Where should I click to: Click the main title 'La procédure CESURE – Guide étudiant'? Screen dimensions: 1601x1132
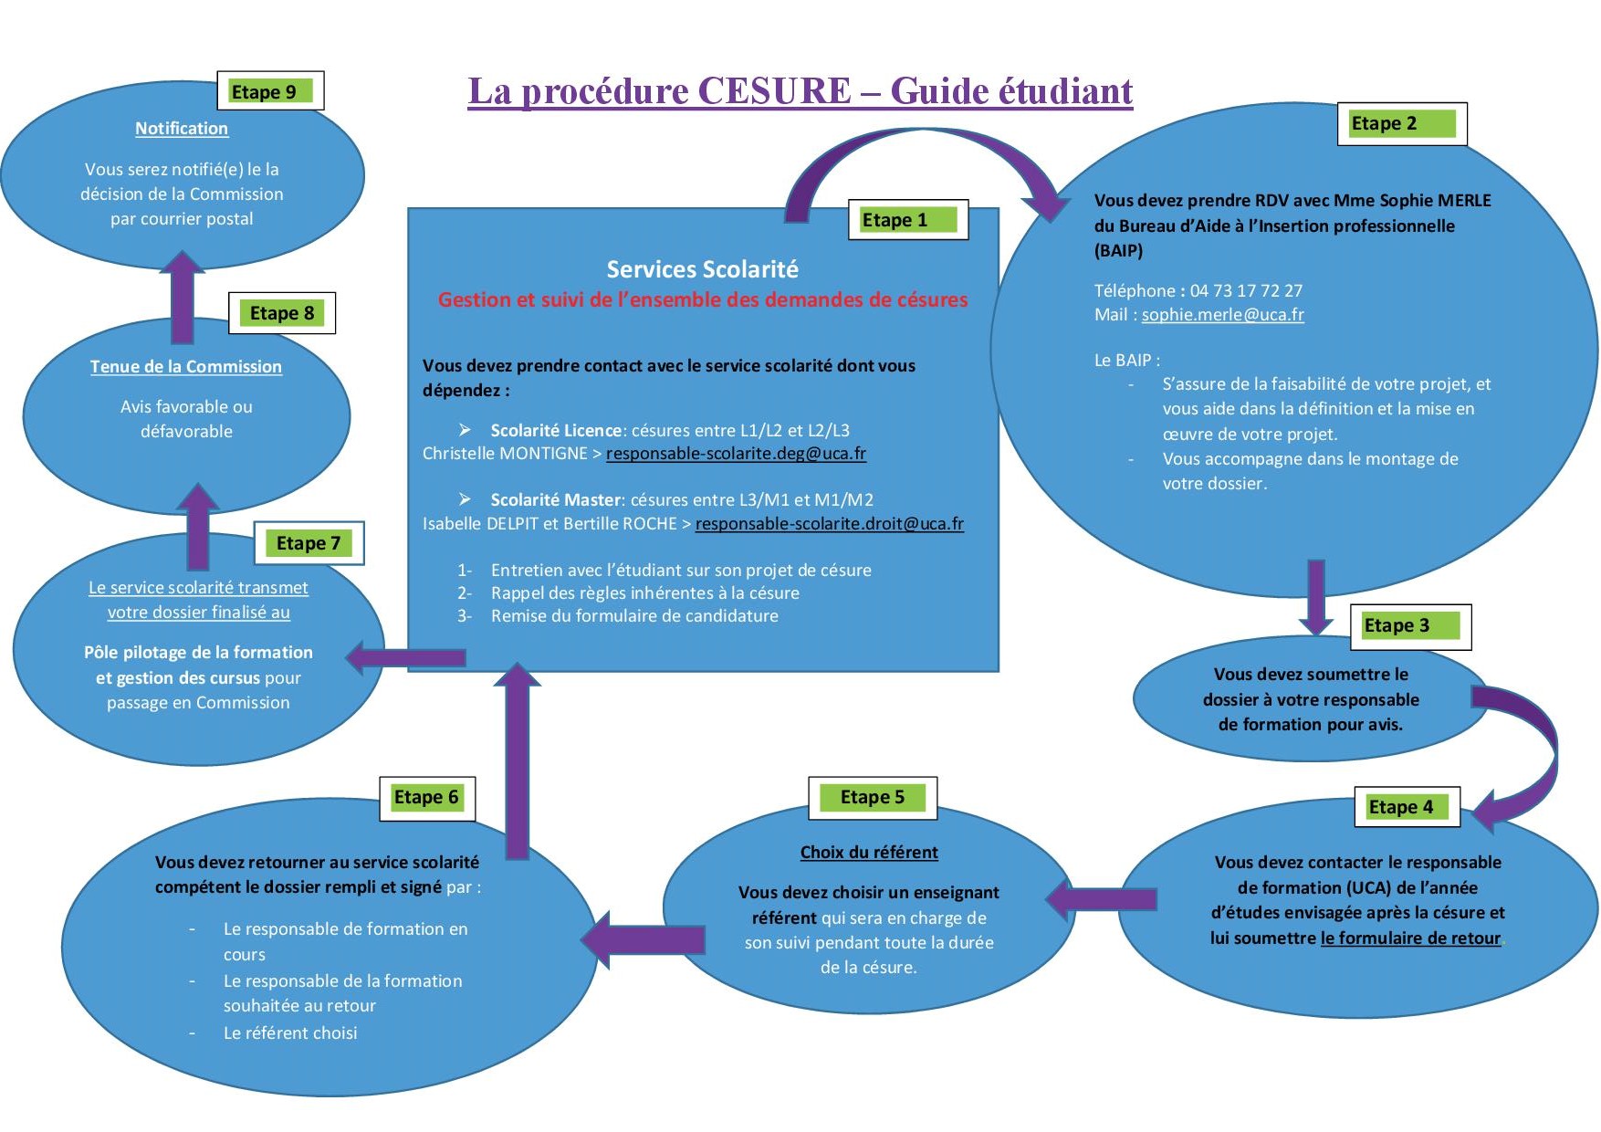pos(800,92)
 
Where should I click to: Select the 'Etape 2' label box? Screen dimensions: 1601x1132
pos(1401,124)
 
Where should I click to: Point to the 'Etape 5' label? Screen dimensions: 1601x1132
pos(873,798)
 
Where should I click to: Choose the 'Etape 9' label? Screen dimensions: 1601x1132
pos(270,91)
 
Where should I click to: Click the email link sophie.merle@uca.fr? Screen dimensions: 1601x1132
pos(1222,315)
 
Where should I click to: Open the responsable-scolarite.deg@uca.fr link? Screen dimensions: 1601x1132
pos(736,454)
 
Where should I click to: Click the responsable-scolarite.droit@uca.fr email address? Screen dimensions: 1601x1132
pos(829,524)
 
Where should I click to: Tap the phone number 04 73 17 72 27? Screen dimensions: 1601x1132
pos(1246,291)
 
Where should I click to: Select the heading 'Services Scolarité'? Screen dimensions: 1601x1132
pos(703,269)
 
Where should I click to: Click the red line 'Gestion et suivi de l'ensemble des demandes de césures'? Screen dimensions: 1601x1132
pos(703,300)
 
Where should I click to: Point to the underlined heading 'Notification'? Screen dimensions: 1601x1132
pos(182,129)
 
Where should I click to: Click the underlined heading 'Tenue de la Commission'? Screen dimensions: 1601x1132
pos(186,367)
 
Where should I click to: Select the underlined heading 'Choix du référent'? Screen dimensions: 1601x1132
pos(869,853)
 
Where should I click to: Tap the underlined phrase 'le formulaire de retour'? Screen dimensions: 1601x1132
pos(1410,938)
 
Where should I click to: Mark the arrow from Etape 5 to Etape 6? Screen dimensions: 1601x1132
pos(644,940)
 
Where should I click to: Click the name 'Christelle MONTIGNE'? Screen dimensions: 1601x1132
pos(505,454)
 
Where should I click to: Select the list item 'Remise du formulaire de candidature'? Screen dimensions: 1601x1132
pos(634,616)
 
